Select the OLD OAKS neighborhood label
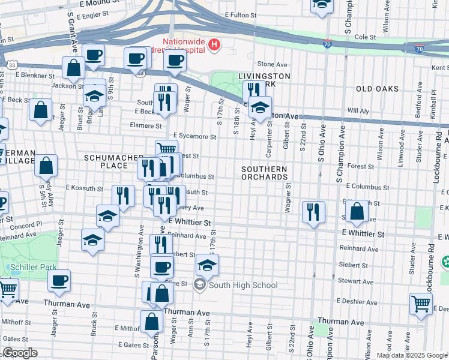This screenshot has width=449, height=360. coord(377,89)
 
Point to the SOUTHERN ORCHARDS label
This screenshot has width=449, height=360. coord(264,173)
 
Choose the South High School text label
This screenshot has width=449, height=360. coord(243,285)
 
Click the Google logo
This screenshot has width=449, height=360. coord(20,353)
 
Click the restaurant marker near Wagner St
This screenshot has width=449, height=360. coord(313,211)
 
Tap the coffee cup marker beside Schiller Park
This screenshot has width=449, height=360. coord(59,280)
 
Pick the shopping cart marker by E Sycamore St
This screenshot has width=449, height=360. coord(167,149)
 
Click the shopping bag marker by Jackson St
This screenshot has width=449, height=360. coord(74,67)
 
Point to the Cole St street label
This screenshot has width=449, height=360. coord(365,37)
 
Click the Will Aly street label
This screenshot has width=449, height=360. coord(358,111)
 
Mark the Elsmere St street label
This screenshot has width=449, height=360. coord(146,126)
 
